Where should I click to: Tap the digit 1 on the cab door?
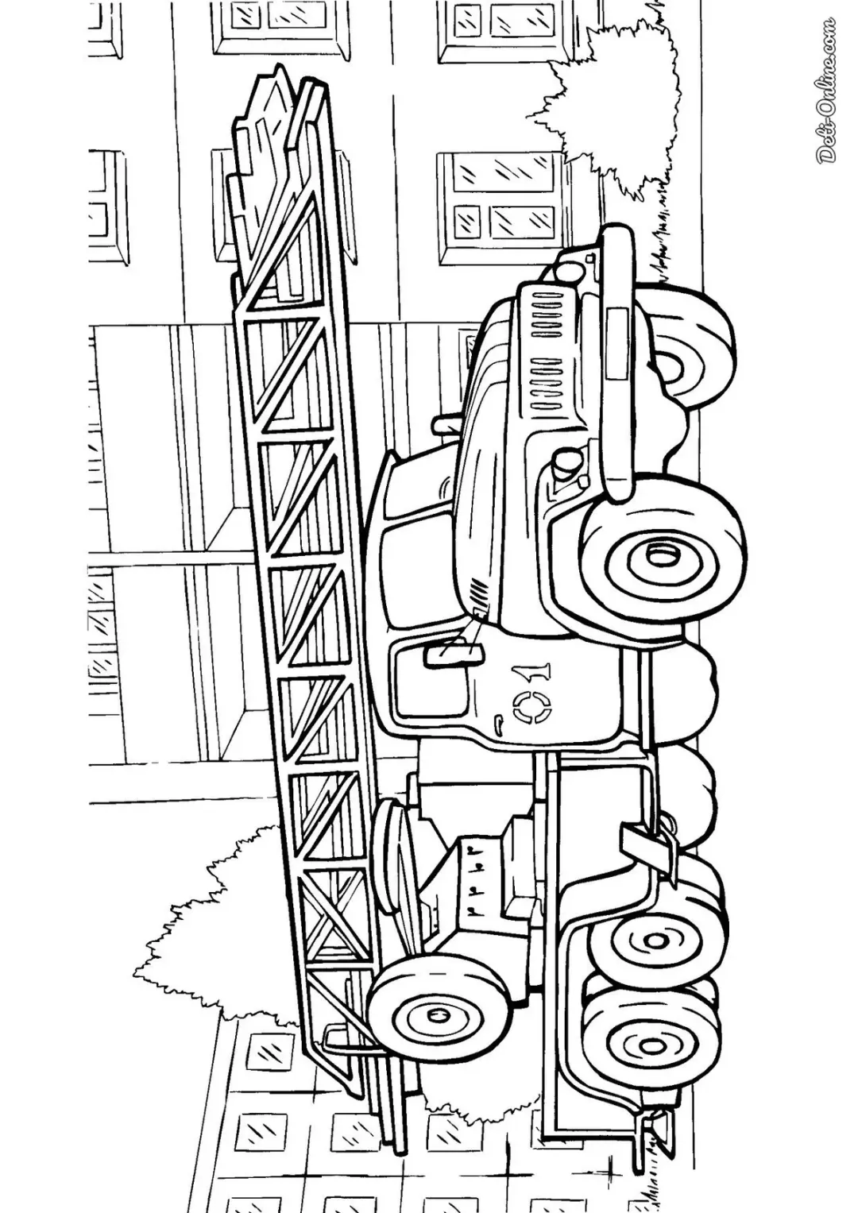535,671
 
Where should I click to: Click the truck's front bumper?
617,362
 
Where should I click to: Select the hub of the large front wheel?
657,554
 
